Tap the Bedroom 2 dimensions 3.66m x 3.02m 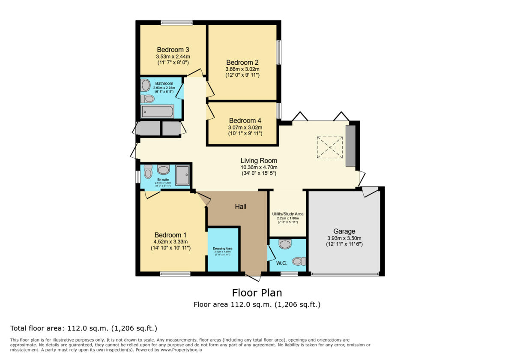coord(242,69)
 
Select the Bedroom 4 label coord(245,120)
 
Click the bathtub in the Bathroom coord(157,112)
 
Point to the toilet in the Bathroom coord(147,99)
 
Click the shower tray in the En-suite coord(182,175)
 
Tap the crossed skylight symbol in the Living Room coord(330,147)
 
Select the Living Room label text coord(259,161)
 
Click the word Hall coord(241,207)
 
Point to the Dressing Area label coord(223,249)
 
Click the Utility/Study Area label coord(287,214)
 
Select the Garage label coord(344,231)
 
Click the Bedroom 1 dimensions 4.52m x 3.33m coord(170,242)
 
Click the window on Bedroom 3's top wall coord(176,23)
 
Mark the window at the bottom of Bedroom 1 coord(175,273)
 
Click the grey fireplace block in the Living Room coord(350,146)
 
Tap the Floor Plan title coord(257,293)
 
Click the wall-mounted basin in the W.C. coord(285,244)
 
